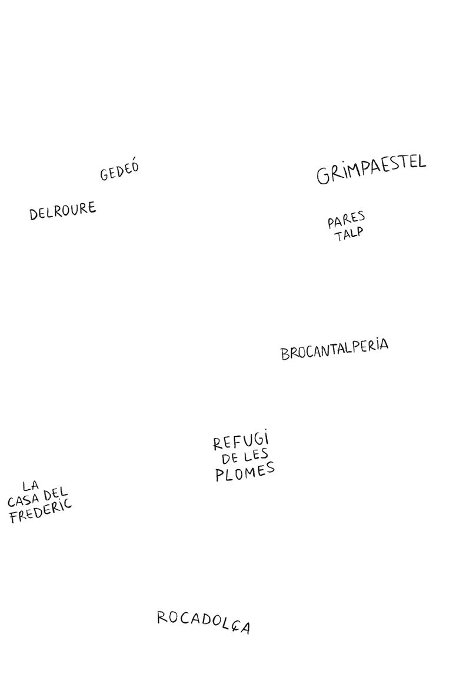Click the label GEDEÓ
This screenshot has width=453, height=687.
click(x=119, y=171)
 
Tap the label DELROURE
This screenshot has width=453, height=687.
click(x=62, y=211)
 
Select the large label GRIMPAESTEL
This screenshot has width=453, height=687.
click(x=371, y=170)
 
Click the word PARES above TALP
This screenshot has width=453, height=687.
click(x=346, y=222)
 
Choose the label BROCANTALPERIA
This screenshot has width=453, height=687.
click(x=334, y=349)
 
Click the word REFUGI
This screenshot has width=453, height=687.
click(x=241, y=442)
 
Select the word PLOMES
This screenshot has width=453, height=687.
click(x=245, y=472)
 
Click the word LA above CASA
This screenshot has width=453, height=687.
click(x=31, y=486)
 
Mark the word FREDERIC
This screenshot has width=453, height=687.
click(x=41, y=512)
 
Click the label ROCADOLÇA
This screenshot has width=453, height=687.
click(x=204, y=622)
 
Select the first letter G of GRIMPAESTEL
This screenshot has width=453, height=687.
click(x=324, y=176)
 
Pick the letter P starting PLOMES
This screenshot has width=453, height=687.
click(x=220, y=476)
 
